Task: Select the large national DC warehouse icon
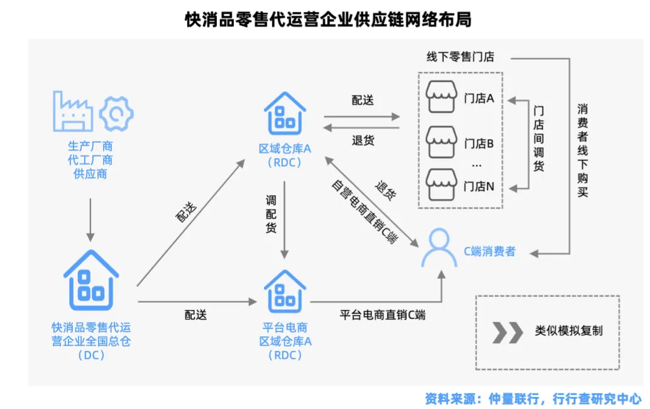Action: pos(91,277)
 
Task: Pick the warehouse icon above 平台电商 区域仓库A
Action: pos(285,291)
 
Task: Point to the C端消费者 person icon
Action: pos(439,249)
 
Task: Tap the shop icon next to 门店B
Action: pos(441,142)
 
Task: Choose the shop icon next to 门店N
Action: pos(441,184)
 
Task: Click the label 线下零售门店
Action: pos(461,57)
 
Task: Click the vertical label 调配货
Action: pos(271,213)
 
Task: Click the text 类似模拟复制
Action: pos(568,331)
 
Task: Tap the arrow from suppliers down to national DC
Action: pos(91,220)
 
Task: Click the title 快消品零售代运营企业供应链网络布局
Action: pos(324,20)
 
